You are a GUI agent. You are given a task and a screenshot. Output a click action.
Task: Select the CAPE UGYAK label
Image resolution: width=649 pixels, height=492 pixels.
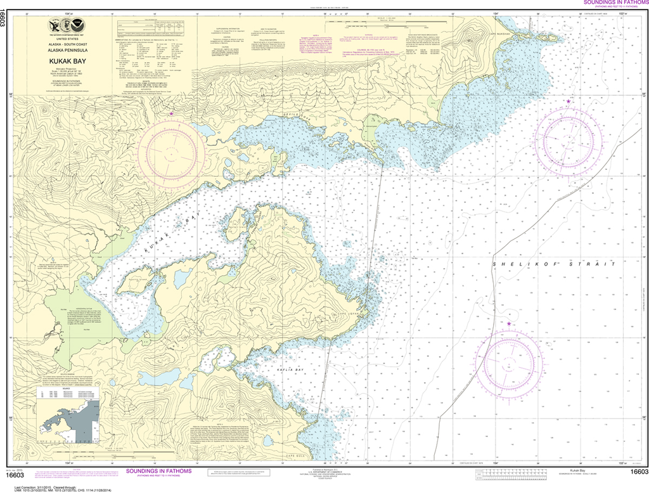coord(351,313)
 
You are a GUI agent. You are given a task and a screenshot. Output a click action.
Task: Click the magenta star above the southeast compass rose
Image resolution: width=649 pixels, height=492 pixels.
coord(509,324)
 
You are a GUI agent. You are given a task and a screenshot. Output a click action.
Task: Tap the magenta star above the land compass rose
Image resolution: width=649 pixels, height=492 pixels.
coord(171,113)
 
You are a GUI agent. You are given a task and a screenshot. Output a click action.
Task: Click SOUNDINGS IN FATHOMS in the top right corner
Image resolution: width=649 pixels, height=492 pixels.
coord(613,3)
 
